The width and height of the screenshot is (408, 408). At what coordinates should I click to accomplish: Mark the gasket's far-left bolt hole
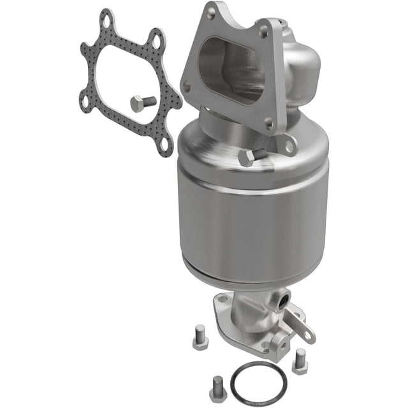click(85, 101)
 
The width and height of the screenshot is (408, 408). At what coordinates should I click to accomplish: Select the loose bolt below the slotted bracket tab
click(299, 361)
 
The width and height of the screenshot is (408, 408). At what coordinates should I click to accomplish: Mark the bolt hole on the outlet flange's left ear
click(222, 298)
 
